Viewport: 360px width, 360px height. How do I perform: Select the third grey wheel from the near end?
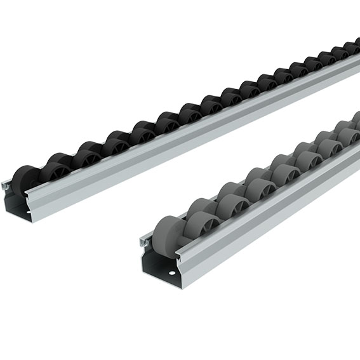(230, 197)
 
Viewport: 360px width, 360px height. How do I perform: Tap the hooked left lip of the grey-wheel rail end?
(145, 243)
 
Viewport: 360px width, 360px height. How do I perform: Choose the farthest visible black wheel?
(354, 46)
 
